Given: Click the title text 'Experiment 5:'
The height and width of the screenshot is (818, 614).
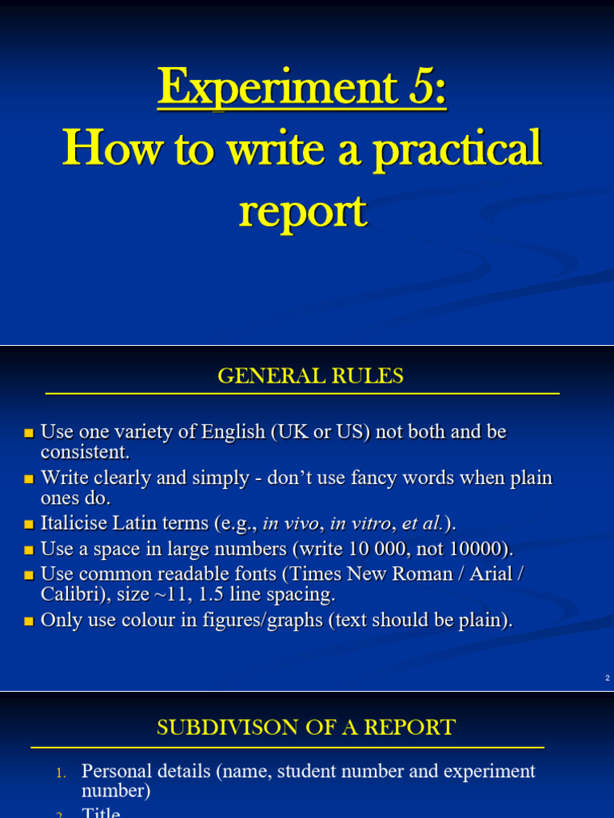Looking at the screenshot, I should (x=301, y=88).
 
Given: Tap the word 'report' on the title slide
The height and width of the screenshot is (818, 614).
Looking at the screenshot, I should (x=301, y=211).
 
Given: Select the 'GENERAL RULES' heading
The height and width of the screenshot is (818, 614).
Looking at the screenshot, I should (x=310, y=376).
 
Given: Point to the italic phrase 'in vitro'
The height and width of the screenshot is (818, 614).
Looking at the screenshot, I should (x=360, y=524).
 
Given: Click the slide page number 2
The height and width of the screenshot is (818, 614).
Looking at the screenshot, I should (x=608, y=678).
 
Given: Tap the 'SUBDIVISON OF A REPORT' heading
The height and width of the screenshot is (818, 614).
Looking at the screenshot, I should (x=306, y=728).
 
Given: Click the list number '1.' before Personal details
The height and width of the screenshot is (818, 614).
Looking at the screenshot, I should (x=62, y=773).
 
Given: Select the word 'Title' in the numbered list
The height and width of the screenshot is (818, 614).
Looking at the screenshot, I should (x=101, y=812).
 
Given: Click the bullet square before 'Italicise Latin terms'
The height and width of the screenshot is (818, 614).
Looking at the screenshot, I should (x=30, y=526).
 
